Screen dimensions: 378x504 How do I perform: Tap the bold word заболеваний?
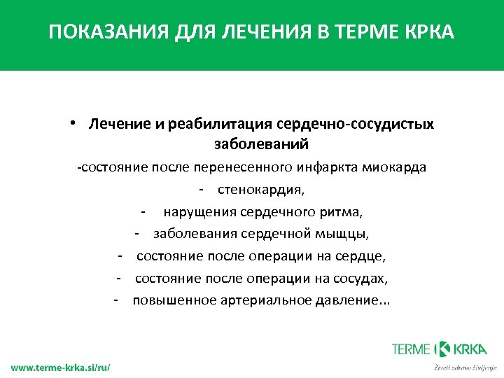[261, 144]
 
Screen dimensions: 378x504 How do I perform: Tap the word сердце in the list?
[362, 256]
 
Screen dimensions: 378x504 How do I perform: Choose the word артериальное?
[254, 300]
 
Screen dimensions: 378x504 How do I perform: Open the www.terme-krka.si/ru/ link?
[60, 367]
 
